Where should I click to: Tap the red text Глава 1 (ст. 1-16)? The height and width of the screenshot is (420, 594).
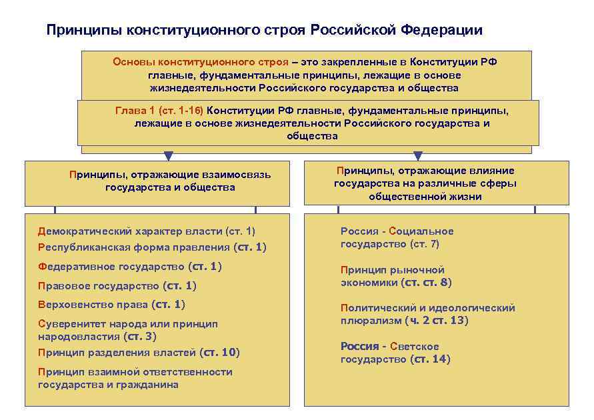click(159, 110)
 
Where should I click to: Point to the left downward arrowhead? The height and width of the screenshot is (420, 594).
click(169, 156)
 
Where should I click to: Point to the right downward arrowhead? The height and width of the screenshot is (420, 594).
click(418, 156)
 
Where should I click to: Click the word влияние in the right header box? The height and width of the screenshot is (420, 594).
click(490, 171)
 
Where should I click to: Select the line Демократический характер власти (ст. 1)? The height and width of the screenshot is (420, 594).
click(146, 231)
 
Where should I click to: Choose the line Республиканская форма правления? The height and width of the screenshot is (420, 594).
click(134, 247)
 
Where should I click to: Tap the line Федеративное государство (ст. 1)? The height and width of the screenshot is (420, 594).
click(129, 267)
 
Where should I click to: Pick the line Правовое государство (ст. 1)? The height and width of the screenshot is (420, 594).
click(117, 286)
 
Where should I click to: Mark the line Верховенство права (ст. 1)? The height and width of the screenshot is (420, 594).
click(111, 305)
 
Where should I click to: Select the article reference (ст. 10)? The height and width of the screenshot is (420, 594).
click(219, 352)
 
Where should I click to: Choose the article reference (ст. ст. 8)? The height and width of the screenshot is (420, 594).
click(426, 283)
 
